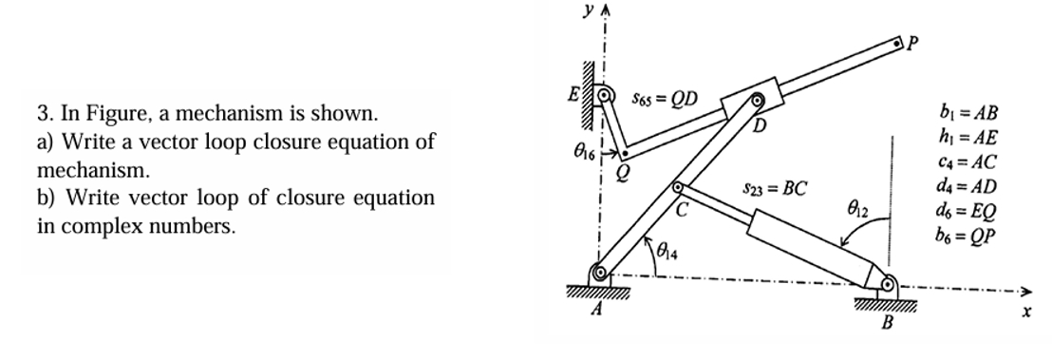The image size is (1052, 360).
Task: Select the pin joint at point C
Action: click(679, 189)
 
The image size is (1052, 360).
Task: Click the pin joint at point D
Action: click(758, 100)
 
